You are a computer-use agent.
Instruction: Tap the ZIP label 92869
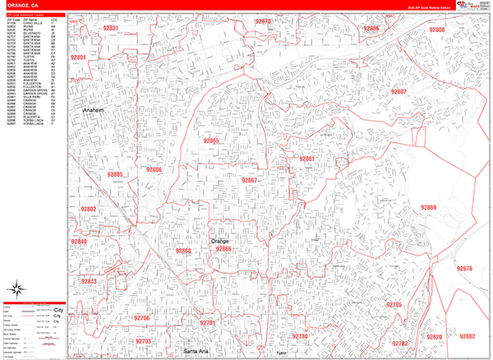[427, 208]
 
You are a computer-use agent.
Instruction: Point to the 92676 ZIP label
[465, 269]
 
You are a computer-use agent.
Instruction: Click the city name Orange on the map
[221, 240]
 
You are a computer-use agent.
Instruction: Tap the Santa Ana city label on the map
[197, 352]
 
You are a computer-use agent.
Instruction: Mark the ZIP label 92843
[89, 282]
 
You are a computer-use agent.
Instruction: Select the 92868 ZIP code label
[183, 251]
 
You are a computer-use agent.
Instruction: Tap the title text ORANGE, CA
[21, 5]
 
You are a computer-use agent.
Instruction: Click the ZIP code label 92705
[393, 305]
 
